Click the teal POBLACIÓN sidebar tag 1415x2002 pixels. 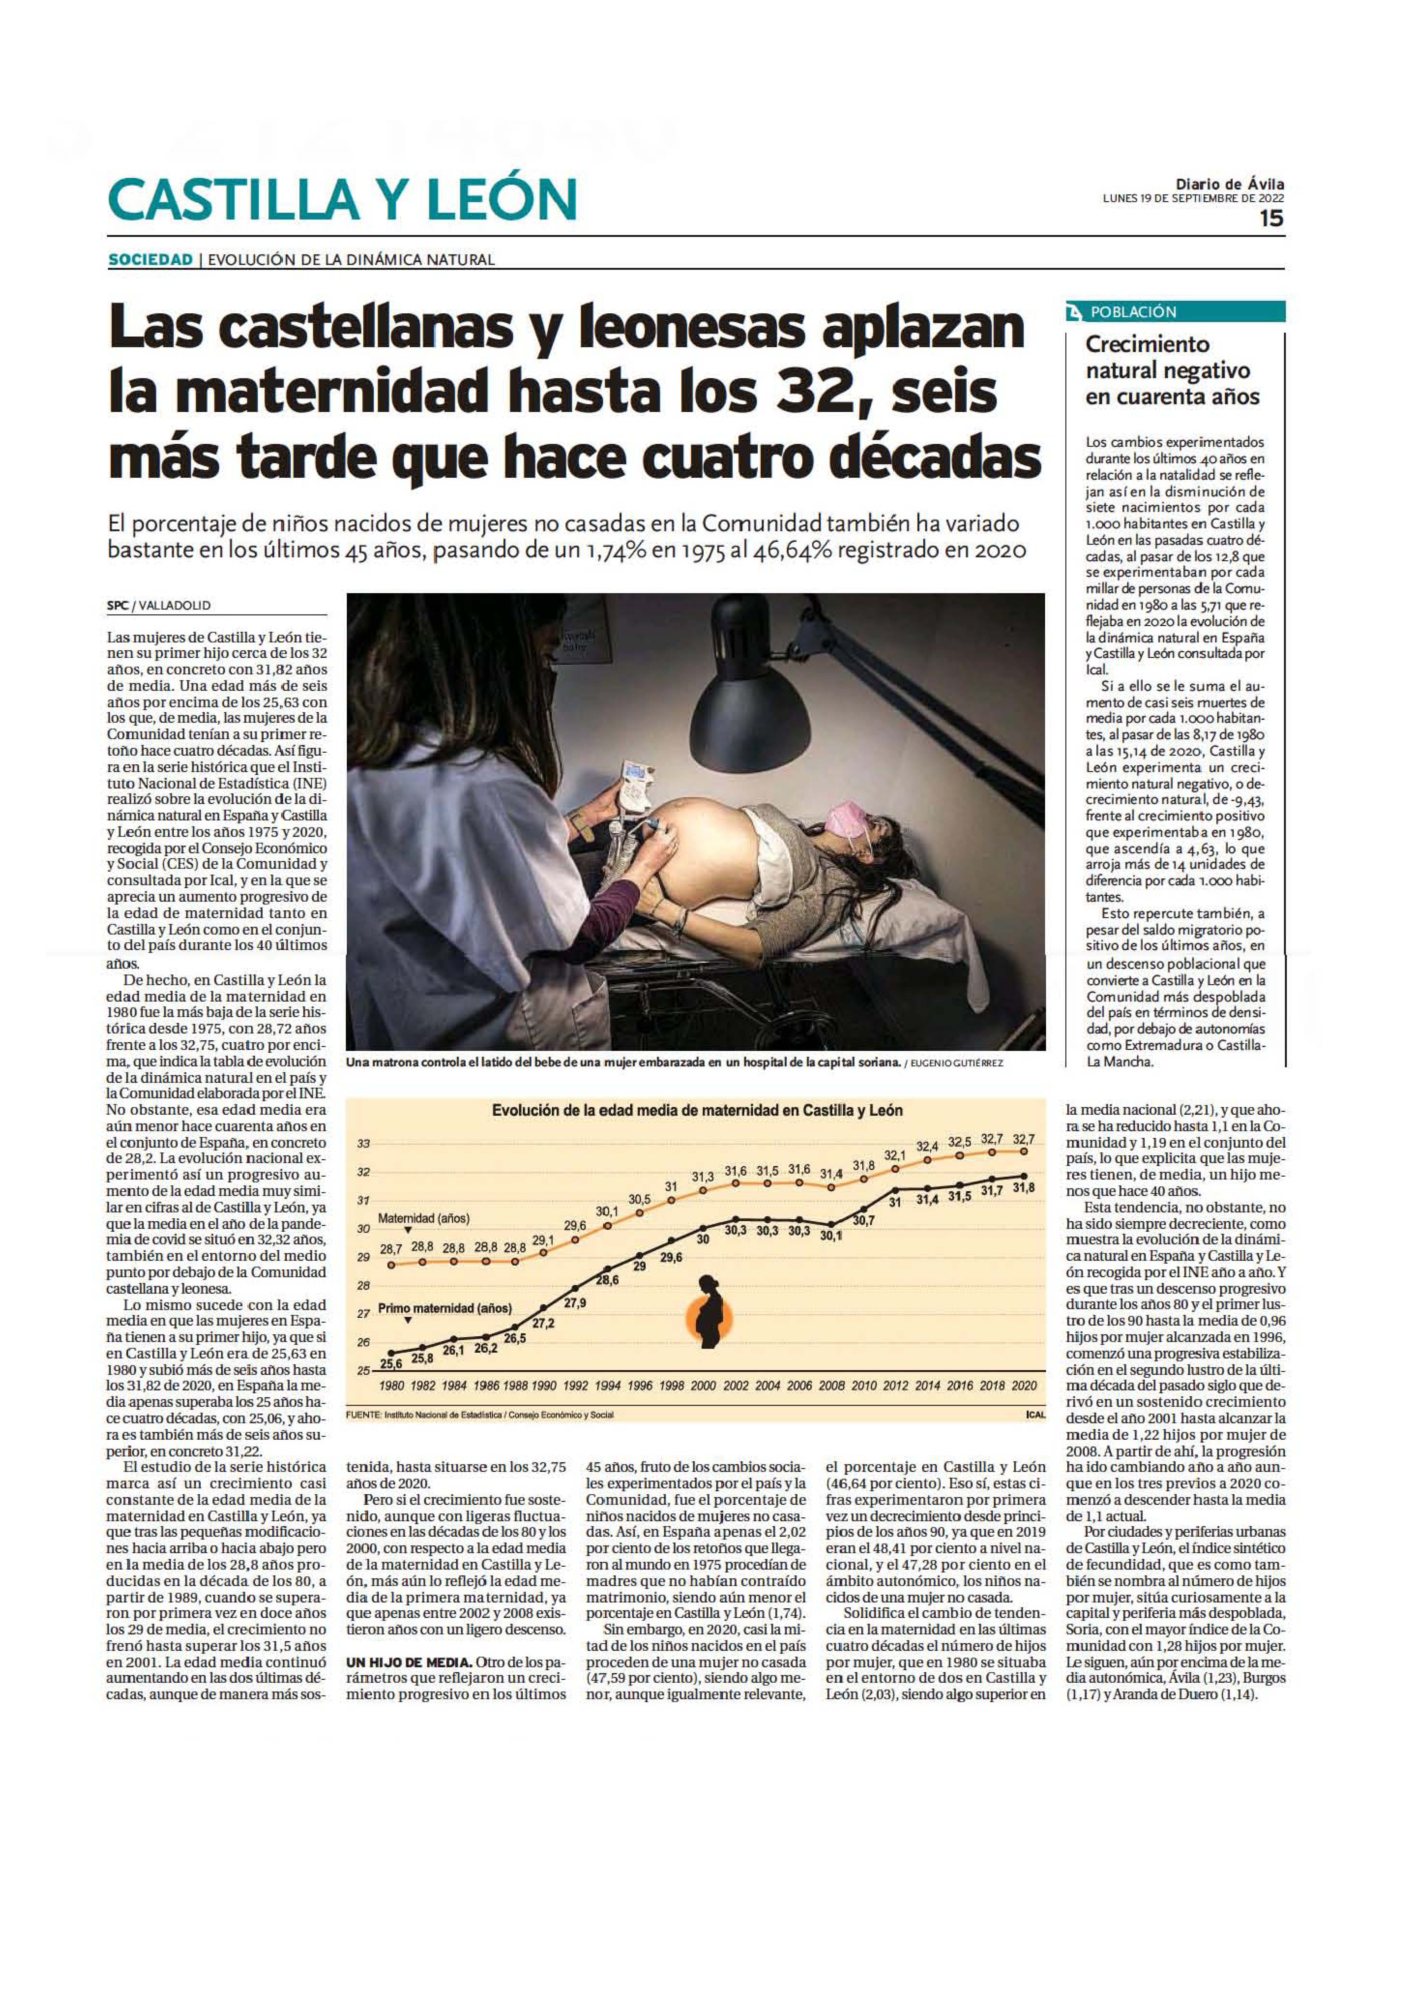1133,312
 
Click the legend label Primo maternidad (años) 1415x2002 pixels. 445,1308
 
